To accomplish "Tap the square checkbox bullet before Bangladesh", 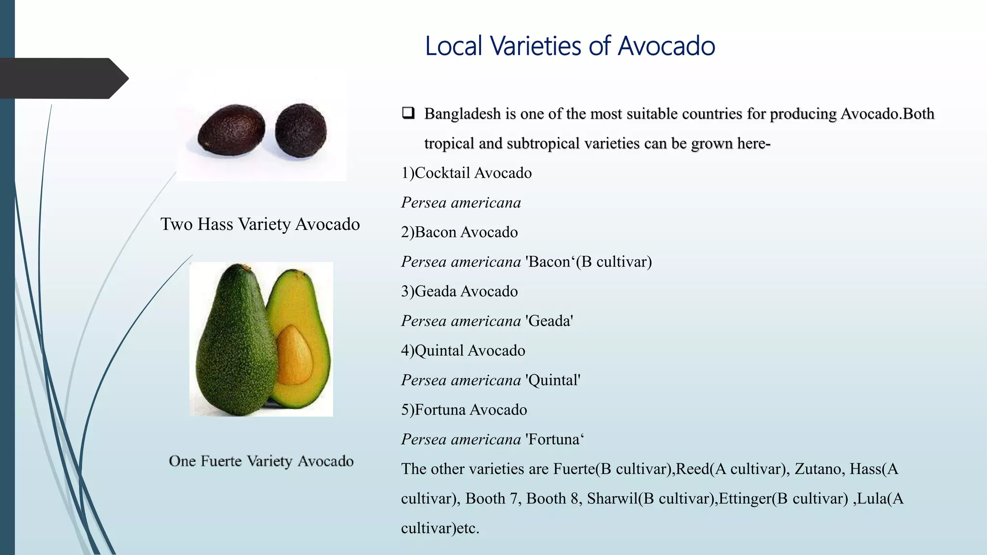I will (x=408, y=113).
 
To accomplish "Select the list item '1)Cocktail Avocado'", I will (x=466, y=173).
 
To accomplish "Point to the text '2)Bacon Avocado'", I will (x=459, y=232).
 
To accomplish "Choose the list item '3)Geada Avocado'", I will (x=459, y=291).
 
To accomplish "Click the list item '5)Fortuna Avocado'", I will (x=464, y=410).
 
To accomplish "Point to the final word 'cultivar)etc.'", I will (x=440, y=528).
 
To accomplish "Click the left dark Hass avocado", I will (x=232, y=130).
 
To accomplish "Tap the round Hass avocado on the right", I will (x=301, y=130).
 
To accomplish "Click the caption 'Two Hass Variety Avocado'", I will (x=260, y=225).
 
